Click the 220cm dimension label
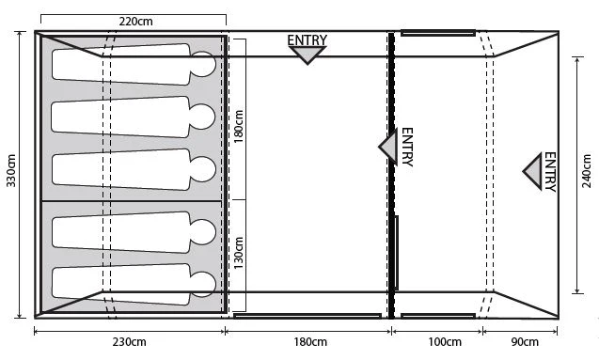(135, 22)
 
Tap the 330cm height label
(11, 171)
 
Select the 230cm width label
(129, 342)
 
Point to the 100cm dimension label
(444, 342)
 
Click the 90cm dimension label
(525, 342)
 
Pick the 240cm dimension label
(587, 171)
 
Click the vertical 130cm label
(239, 253)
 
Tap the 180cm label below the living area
(310, 342)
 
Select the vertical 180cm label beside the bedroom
(239, 126)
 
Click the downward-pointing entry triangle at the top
(307, 54)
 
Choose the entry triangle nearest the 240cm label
(534, 171)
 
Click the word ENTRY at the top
(307, 40)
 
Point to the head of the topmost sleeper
(203, 64)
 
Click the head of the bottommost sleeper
(203, 285)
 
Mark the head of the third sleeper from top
(203, 169)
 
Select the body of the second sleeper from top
(120, 117)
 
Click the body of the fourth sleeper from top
(120, 232)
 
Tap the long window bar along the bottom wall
(307, 316)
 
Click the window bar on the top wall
(438, 33)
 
